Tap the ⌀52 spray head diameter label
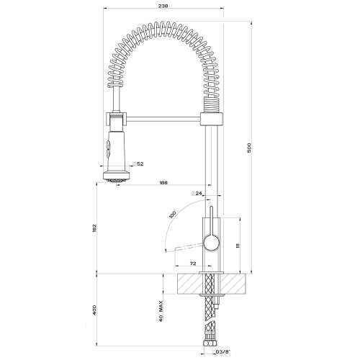coord(140,164)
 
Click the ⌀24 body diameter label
coord(196,194)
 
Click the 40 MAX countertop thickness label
coord(159,307)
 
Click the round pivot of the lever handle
coord(211,243)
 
